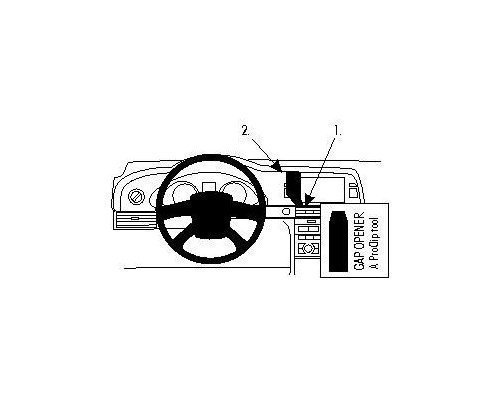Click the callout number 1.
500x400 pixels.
[338, 131]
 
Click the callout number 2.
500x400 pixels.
[245, 131]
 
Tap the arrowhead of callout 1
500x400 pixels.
[310, 199]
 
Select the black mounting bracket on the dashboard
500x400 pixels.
[293, 187]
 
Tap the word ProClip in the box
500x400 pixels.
[374, 247]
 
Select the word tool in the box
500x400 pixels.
[374, 226]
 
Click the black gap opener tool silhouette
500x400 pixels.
[338, 241]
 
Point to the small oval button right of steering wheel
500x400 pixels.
[286, 211]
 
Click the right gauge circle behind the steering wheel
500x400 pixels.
[234, 191]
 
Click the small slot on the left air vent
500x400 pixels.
[135, 218]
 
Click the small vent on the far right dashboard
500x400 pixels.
[354, 192]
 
